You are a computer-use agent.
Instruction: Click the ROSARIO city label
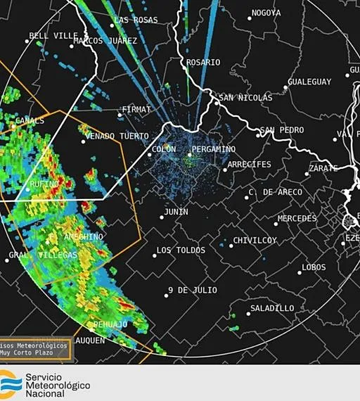203,63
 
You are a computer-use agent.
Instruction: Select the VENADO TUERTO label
117,136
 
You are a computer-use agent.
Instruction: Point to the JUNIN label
176,212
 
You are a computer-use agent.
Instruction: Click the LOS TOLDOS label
181,250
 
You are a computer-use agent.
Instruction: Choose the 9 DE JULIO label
193,291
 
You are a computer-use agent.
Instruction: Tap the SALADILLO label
272,308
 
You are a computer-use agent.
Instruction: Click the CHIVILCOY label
255,241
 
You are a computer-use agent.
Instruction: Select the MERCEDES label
297,219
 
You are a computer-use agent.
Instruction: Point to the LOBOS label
314,267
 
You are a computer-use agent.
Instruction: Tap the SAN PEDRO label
282,130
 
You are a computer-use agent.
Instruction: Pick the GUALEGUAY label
309,82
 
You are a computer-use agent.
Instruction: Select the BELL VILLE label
53,36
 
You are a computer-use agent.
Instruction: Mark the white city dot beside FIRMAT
119,113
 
